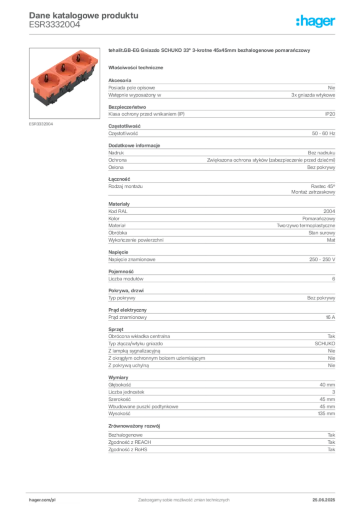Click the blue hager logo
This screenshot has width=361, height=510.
[316, 21]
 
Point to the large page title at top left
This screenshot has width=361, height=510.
[82, 14]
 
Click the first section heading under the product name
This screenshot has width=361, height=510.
[138, 68]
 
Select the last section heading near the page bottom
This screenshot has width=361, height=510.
[136, 426]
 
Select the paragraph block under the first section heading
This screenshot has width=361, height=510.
[221, 89]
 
